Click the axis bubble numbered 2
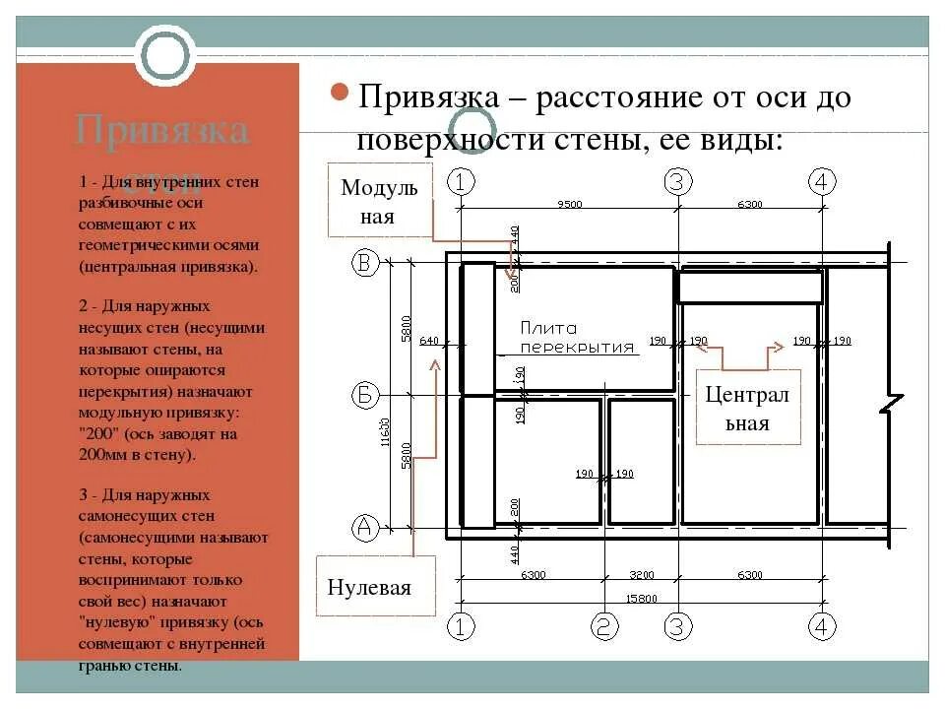(x=603, y=626)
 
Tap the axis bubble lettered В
(x=365, y=263)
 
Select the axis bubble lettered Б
(x=365, y=396)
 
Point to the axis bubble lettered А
(x=365, y=528)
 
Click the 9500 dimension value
(x=569, y=205)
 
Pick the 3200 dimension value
(x=640, y=575)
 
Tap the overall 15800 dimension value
(x=640, y=598)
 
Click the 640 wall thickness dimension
(x=429, y=341)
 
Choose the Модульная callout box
(x=380, y=202)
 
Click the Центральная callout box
(x=749, y=408)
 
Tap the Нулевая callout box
(x=374, y=587)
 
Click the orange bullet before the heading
(x=338, y=95)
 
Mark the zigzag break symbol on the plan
(x=891, y=404)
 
